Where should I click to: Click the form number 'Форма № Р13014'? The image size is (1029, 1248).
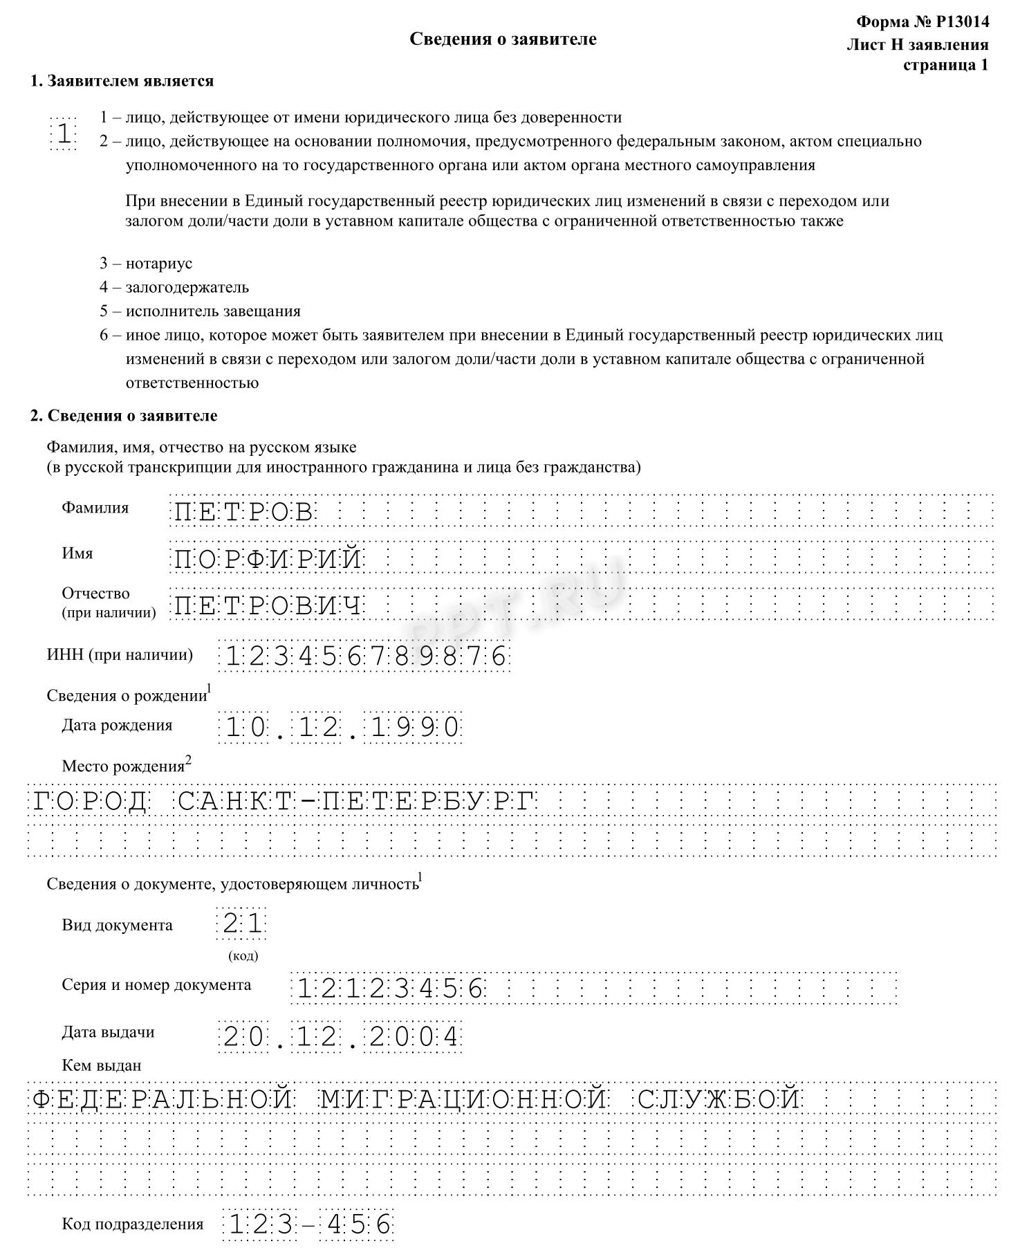[922, 22]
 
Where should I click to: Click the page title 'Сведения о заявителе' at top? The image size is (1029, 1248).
[503, 39]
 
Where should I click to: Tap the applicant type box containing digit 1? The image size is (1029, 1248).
[64, 134]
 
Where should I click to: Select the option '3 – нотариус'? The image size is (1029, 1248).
[146, 264]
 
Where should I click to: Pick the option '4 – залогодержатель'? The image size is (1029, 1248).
[174, 287]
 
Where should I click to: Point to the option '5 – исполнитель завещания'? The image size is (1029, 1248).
[200, 311]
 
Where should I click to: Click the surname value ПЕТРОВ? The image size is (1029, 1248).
[243, 513]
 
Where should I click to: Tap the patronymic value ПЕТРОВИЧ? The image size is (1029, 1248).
[268, 606]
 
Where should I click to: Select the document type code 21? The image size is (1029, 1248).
[242, 924]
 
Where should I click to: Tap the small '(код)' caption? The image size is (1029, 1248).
[243, 956]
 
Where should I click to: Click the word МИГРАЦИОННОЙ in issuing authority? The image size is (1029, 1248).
[463, 1099]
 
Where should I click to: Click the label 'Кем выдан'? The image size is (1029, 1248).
[102, 1065]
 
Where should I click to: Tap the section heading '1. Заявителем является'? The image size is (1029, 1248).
[122, 81]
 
